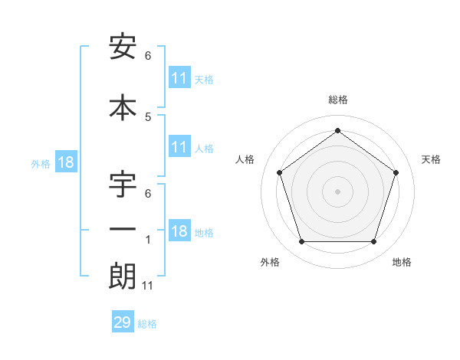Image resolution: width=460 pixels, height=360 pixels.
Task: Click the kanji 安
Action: [123, 47]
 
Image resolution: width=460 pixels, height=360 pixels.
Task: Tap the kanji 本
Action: [123, 106]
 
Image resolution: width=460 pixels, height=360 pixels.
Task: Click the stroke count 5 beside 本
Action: [148, 116]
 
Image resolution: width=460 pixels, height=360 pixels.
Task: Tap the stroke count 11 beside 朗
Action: [149, 286]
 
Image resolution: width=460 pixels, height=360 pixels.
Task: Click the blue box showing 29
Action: [123, 322]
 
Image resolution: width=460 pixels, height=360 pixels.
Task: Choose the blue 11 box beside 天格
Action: [179, 78]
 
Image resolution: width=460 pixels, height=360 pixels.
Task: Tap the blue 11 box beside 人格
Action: [179, 147]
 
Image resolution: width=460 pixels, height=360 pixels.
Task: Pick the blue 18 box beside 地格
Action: [179, 231]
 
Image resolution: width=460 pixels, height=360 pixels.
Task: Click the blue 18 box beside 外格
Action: [65, 162]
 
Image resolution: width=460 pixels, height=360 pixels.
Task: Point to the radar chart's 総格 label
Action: [338, 100]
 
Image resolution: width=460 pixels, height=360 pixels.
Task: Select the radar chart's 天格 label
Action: [432, 159]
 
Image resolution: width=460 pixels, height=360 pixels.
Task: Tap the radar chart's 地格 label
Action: [402, 262]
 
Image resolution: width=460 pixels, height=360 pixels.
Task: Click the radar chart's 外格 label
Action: [270, 262]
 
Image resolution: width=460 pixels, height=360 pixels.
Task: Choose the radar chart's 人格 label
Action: [245, 159]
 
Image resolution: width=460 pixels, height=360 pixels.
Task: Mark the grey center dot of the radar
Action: [338, 191]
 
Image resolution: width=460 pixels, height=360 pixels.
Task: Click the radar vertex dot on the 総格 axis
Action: [338, 130]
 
